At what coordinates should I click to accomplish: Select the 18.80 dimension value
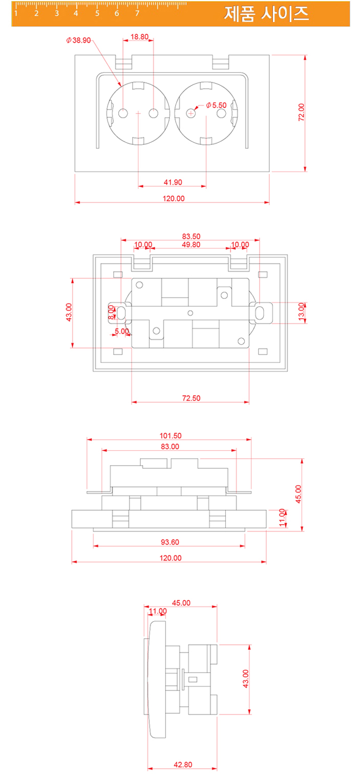(x=139, y=37)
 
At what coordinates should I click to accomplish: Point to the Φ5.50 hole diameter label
(x=216, y=105)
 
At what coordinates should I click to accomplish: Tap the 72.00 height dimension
(x=302, y=112)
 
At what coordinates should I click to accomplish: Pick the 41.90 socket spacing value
(x=173, y=182)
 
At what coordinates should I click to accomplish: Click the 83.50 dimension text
(x=191, y=236)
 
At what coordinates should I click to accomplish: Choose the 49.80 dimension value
(x=190, y=245)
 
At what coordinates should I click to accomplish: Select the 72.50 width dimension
(x=191, y=398)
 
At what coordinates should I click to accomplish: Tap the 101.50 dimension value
(x=171, y=436)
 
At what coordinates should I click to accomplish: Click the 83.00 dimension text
(x=170, y=446)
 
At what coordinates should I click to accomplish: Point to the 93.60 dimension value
(x=170, y=542)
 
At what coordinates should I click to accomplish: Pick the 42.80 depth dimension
(x=183, y=765)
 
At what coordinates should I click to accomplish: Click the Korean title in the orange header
(x=266, y=14)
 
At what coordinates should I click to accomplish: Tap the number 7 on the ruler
(x=137, y=13)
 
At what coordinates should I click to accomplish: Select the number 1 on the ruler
(x=16, y=13)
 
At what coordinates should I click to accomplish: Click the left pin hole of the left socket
(x=123, y=113)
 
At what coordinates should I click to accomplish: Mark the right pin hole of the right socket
(x=221, y=113)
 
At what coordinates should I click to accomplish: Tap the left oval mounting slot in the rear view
(x=122, y=313)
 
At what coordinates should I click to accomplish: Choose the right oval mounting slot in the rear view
(x=260, y=313)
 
